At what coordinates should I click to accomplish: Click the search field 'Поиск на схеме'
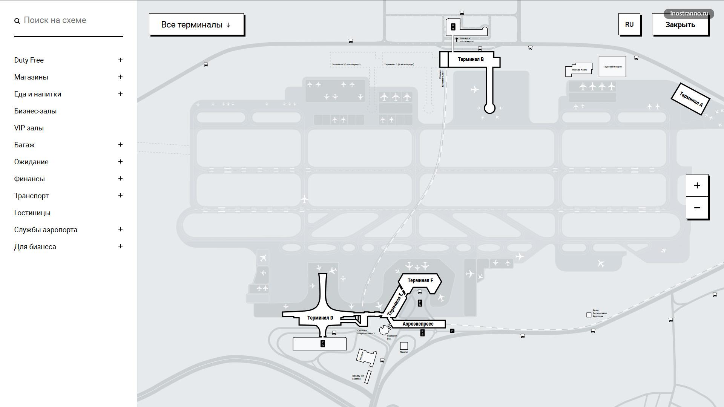[x=68, y=20]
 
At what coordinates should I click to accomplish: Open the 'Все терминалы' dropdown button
[x=196, y=24]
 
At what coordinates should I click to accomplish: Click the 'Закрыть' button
[x=680, y=24]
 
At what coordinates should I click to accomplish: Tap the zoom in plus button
[x=697, y=185]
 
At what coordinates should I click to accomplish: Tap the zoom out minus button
[x=697, y=208]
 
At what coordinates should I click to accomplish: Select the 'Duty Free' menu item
[x=29, y=60]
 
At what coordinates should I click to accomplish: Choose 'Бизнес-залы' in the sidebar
[x=35, y=111]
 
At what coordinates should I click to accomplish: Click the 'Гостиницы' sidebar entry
[x=32, y=213]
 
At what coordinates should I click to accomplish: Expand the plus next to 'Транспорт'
[x=120, y=196]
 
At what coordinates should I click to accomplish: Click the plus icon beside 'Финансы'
[x=120, y=179]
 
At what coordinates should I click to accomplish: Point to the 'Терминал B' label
[x=471, y=60]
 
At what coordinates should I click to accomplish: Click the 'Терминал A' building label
[x=691, y=99]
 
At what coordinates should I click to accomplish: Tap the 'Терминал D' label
[x=320, y=318]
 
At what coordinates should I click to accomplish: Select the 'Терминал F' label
[x=420, y=281]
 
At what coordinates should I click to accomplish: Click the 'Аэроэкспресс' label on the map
[x=418, y=324]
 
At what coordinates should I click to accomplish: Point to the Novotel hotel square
[x=404, y=346]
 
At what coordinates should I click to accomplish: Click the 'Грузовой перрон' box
[x=612, y=67]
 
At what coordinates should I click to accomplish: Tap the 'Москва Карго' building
[x=579, y=70]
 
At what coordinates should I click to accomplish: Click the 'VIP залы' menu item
[x=29, y=128]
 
